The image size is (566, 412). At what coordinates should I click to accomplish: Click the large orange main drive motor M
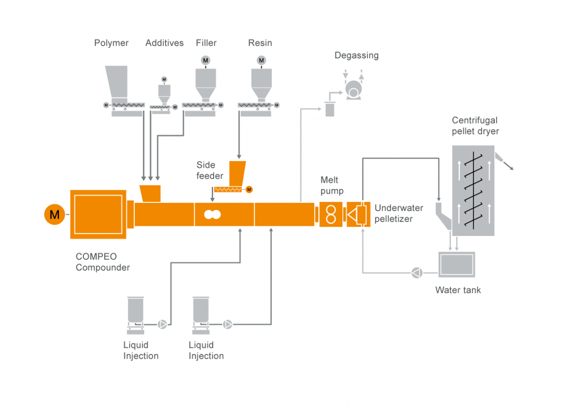(55, 215)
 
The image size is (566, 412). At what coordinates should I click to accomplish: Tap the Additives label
(164, 43)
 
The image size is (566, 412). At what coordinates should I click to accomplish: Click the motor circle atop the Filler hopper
(205, 60)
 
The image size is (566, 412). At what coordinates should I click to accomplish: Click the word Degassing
(356, 55)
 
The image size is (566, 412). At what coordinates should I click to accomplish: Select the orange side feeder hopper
(237, 173)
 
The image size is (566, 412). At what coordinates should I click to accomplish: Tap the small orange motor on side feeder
(249, 190)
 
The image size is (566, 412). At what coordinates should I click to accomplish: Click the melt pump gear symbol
(331, 214)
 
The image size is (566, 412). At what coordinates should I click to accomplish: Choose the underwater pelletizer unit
(358, 214)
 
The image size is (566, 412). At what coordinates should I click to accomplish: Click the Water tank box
(456, 264)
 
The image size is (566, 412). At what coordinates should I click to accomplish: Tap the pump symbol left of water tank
(416, 273)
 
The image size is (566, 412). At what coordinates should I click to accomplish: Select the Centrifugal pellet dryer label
(474, 126)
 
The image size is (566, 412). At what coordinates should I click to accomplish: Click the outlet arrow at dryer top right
(508, 164)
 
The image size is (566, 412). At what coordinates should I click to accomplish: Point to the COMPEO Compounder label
(102, 262)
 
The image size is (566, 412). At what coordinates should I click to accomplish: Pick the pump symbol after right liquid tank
(228, 324)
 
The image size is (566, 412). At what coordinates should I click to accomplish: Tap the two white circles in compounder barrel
(212, 214)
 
